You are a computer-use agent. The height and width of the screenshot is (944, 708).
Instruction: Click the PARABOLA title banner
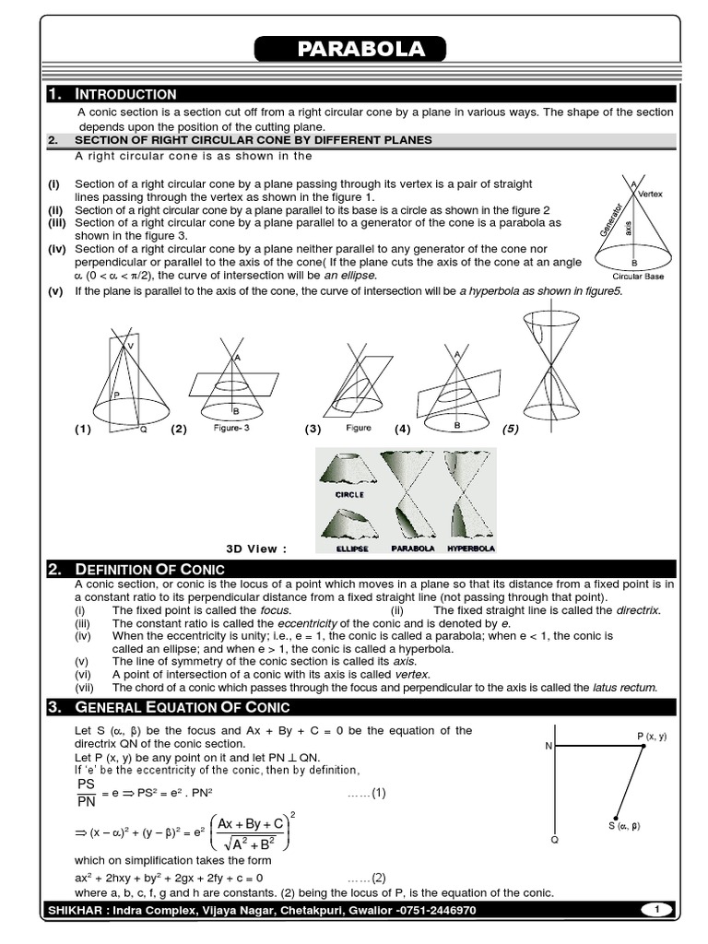tap(349, 50)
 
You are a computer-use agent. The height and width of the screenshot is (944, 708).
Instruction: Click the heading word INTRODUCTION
tap(125, 94)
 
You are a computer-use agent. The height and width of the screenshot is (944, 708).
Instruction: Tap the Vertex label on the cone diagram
tap(650, 195)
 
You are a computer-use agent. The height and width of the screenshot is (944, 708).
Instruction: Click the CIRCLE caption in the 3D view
tap(348, 495)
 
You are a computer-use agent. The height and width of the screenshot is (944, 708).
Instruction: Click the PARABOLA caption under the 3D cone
tap(412, 549)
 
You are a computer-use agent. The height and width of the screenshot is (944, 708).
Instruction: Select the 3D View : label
tap(256, 549)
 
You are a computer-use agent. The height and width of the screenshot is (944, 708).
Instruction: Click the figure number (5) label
tap(511, 429)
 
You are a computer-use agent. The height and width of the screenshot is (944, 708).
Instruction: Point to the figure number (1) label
tap(84, 430)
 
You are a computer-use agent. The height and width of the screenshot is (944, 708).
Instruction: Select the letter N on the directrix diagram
tap(548, 746)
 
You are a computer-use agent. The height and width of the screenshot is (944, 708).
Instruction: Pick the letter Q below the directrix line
tap(554, 841)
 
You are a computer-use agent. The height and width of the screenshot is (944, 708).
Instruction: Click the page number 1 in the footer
tap(656, 910)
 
